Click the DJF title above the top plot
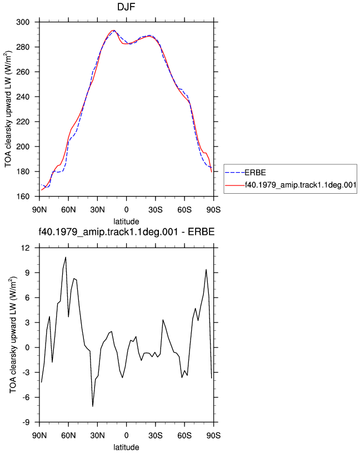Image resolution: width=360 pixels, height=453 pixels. [126, 7]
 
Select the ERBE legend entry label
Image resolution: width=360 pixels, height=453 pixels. [256, 173]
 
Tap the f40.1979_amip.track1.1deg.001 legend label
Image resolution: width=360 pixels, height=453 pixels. [301, 185]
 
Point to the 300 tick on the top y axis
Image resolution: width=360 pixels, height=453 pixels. [23, 22]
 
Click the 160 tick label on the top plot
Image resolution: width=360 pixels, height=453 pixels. [23, 197]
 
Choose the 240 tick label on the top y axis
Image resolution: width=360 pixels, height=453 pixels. [23, 97]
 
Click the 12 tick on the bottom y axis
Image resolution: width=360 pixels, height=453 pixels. [26, 248]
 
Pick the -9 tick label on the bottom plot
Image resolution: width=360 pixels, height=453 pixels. [26, 422]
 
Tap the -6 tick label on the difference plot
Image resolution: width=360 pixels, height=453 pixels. [26, 397]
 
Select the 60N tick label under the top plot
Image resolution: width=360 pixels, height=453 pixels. [68, 210]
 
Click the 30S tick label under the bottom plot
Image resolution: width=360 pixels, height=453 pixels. [156, 436]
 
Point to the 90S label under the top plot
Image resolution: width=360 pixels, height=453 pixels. [213, 210]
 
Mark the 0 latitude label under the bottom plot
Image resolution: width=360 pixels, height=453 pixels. [126, 436]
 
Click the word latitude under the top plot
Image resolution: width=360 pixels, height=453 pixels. [126, 222]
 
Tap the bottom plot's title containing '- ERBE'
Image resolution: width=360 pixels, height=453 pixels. [127, 231]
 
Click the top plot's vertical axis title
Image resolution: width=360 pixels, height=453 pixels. [8, 109]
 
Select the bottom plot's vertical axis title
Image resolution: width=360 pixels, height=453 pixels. [13, 335]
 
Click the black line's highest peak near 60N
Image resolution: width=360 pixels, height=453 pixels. [66, 257]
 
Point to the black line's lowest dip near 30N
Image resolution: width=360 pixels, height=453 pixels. [93, 406]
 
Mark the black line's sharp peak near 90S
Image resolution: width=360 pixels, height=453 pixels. [206, 269]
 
